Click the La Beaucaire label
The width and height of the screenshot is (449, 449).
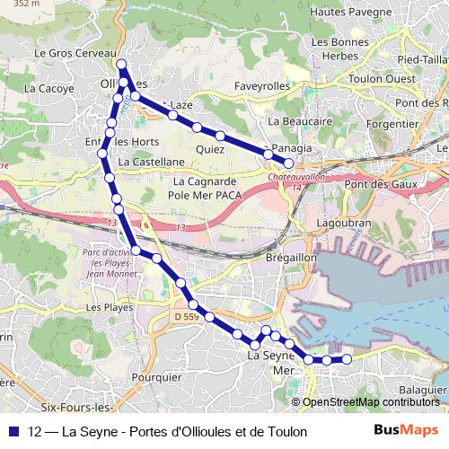click(x=301, y=120)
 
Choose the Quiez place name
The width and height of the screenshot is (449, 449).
click(x=209, y=149)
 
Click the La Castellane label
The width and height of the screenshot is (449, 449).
click(x=151, y=162)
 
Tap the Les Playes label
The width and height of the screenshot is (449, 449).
click(x=110, y=307)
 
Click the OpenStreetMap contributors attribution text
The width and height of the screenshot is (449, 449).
click(x=371, y=402)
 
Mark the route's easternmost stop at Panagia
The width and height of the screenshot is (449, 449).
click(x=288, y=163)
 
